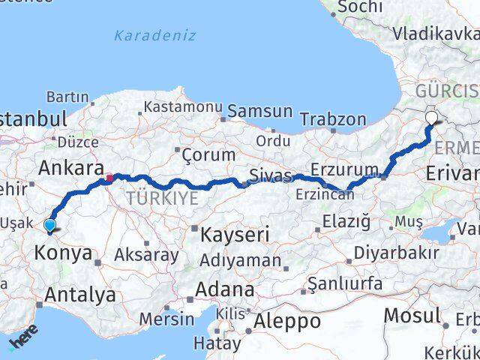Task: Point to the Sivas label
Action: [271, 178]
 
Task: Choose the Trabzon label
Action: [333, 119]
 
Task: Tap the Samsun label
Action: [259, 111]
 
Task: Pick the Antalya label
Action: [80, 295]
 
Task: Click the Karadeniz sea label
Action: [155, 35]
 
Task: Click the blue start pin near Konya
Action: [50, 225]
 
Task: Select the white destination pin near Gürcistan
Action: [432, 118]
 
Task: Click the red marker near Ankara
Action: [109, 178]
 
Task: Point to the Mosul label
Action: [412, 316]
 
